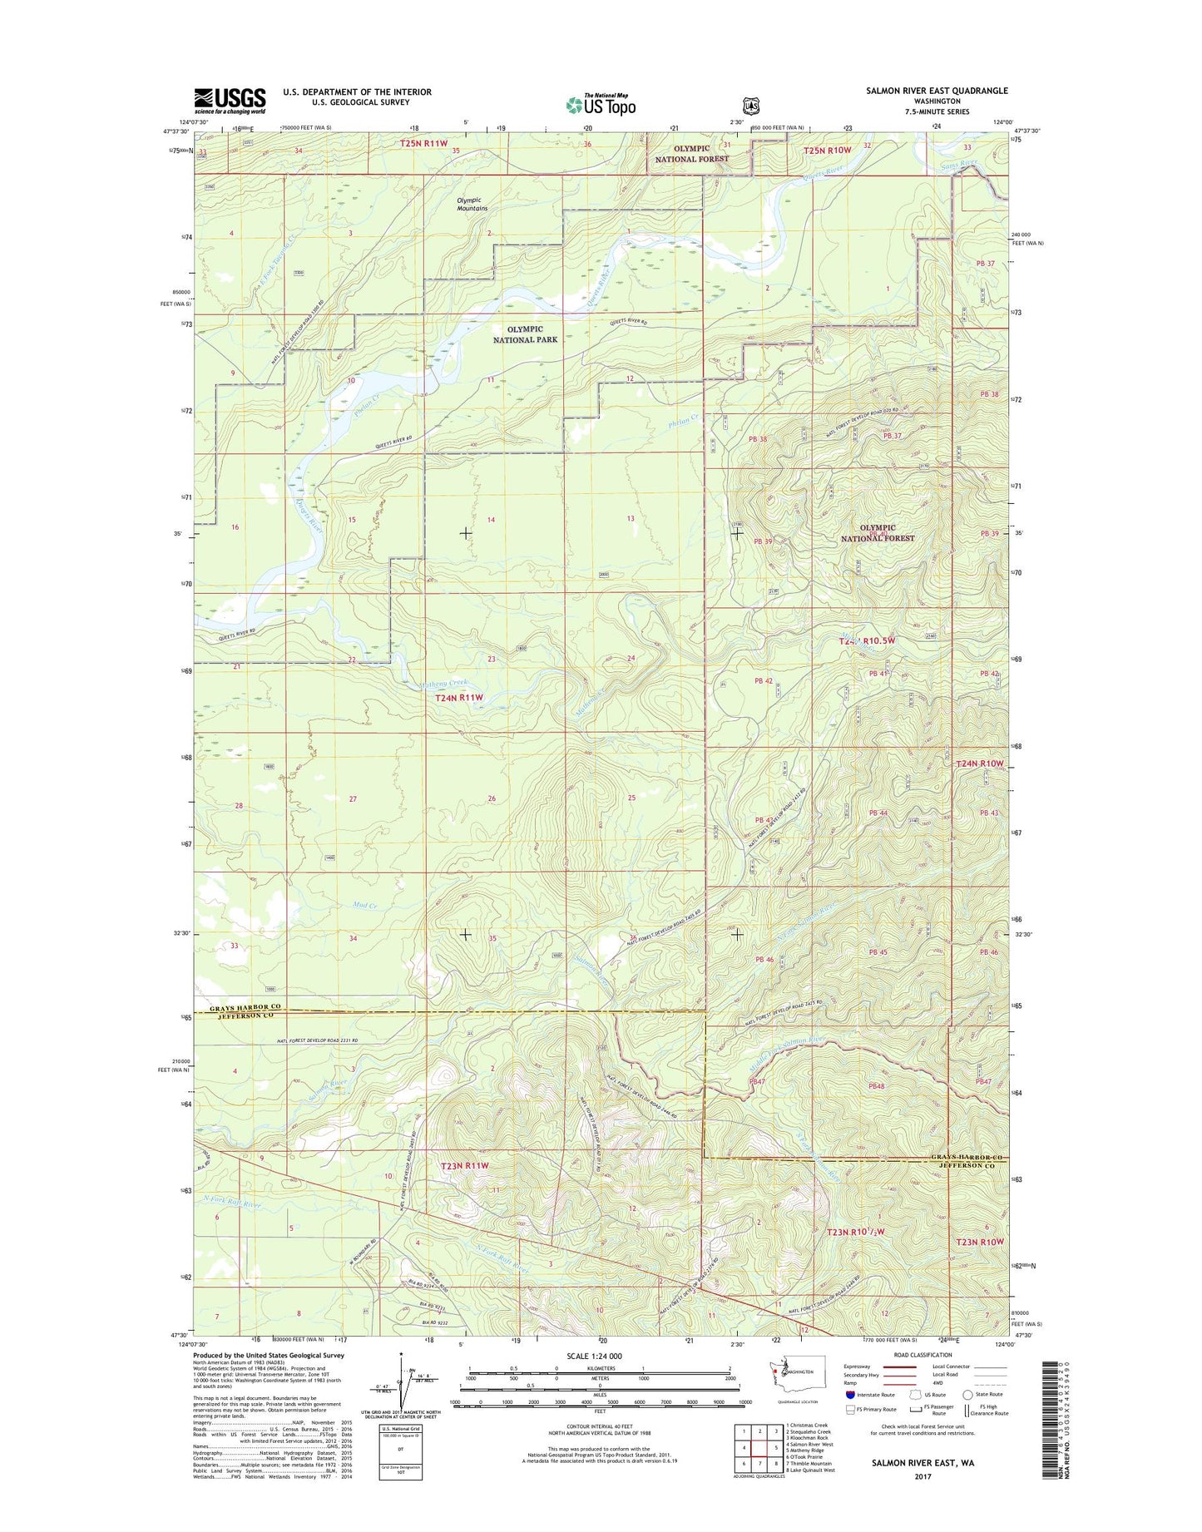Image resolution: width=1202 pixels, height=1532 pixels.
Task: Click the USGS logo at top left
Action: click(x=230, y=101)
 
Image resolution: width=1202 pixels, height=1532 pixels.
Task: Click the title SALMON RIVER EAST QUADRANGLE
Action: click(x=936, y=91)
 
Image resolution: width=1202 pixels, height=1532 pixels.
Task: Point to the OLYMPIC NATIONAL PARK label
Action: click(x=525, y=334)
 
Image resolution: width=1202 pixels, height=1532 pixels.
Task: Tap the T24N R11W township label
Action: click(x=459, y=698)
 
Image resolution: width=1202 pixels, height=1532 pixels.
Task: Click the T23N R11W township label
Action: click(x=463, y=1165)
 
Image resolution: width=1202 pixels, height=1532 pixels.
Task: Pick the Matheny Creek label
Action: click(x=444, y=684)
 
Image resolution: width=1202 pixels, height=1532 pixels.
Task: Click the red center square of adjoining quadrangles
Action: click(x=759, y=1447)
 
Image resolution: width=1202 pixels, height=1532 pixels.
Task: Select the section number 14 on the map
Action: click(x=491, y=520)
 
